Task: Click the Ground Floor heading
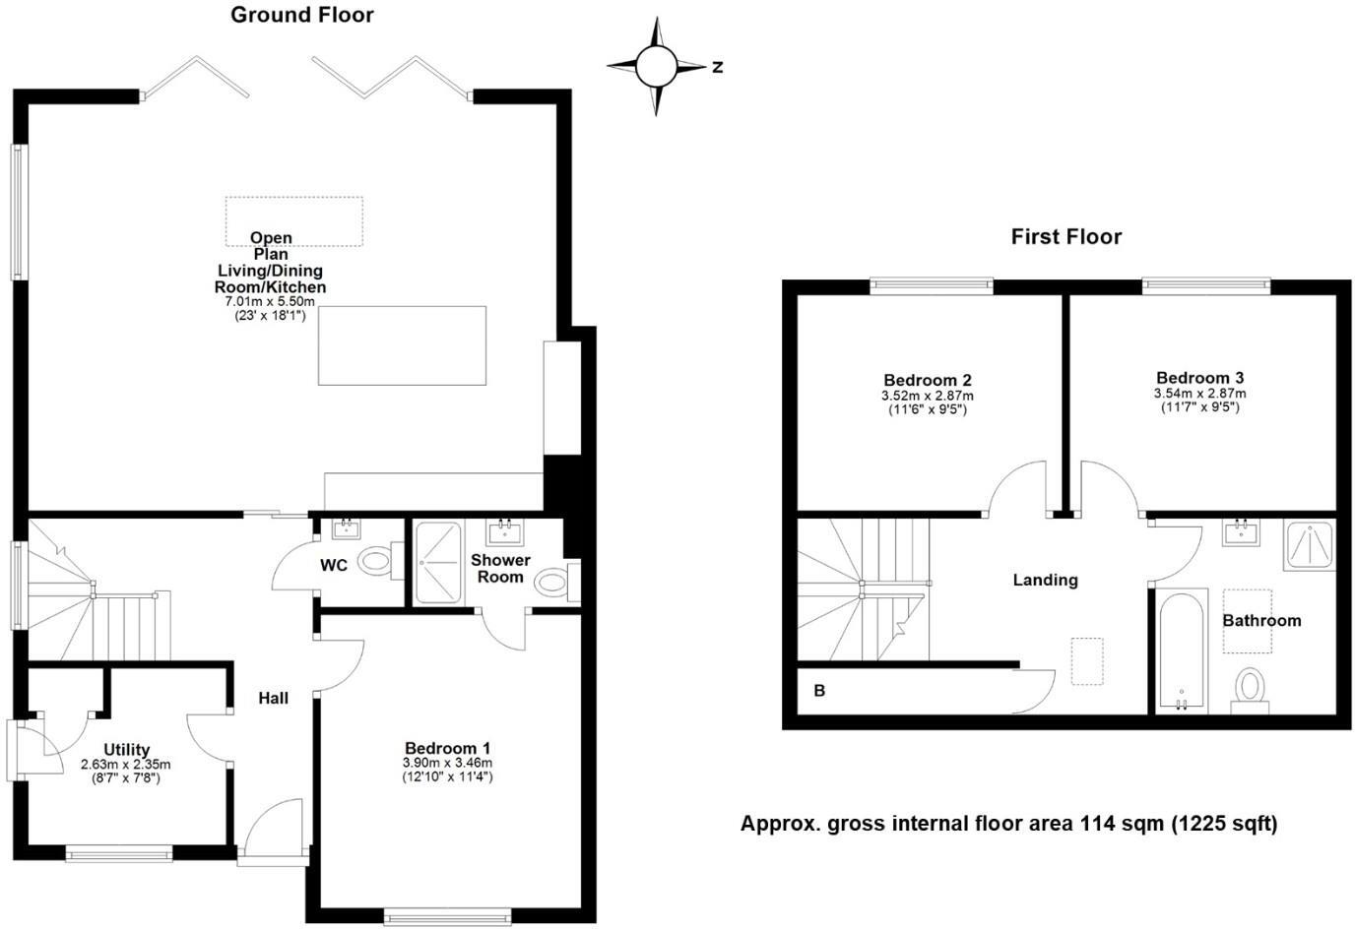coord(302,15)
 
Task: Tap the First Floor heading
coord(1066,237)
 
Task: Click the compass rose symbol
coord(656,67)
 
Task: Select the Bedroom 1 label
coord(446,748)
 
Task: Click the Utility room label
coord(126,750)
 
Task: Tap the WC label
coord(334,566)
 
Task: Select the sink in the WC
coord(346,530)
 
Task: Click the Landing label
coord(1045,581)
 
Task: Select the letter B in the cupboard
coord(819,691)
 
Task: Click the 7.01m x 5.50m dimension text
coord(270,302)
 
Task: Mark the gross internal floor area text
coord(1008,824)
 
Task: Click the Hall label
coord(274,699)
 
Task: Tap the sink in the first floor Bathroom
coord(1241,531)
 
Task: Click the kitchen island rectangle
coord(402,344)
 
